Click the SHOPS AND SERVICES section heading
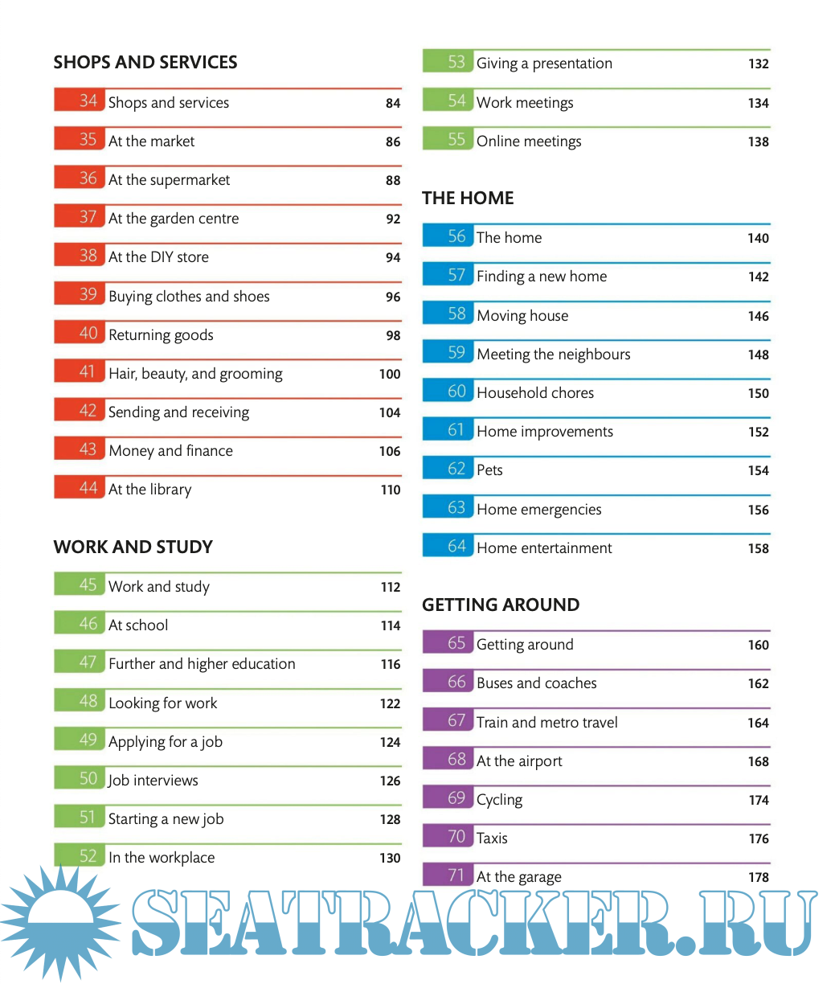[x=145, y=63]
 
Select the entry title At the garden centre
[x=174, y=219]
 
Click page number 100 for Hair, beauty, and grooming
[x=390, y=374]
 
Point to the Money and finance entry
[x=170, y=451]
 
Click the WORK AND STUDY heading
[x=133, y=547]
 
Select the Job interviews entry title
[x=153, y=781]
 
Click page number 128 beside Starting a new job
[x=390, y=819]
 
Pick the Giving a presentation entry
[x=544, y=64]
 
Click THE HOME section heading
[x=468, y=199]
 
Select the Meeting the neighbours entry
[x=554, y=355]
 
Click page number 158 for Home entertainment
[x=758, y=548]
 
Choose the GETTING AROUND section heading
[x=501, y=605]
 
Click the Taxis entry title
[x=492, y=838]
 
